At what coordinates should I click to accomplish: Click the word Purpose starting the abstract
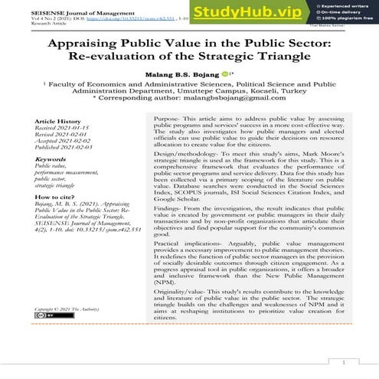pos(158,122)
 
